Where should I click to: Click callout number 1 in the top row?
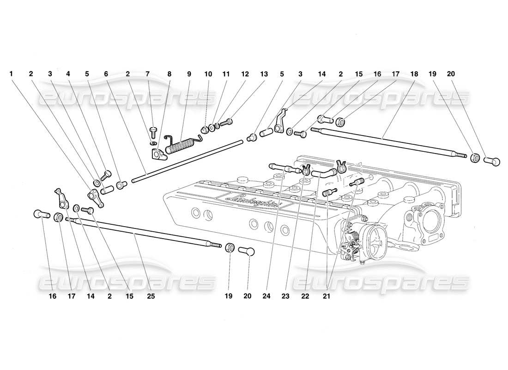pos(12,74)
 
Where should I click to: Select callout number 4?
pos(68,74)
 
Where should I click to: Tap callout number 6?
pos(106,74)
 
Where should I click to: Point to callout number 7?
pos(147,74)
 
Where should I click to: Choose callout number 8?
pos(169,74)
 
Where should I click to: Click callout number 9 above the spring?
pos(188,74)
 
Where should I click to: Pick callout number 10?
pos(208,74)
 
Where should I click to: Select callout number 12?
pos(245,74)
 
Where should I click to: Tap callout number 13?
pos(264,74)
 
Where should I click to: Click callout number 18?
pos(413,74)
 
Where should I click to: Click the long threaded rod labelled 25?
pos(139,236)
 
